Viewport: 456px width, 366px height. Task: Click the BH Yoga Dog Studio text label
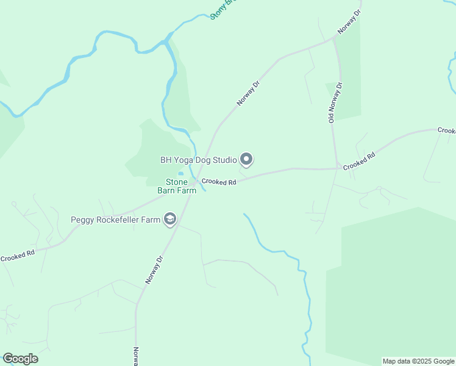click(x=198, y=160)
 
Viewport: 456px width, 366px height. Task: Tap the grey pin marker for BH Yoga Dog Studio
click(x=246, y=160)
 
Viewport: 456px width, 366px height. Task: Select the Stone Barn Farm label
click(x=181, y=186)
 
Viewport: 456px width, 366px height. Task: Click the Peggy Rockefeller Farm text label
click(x=115, y=220)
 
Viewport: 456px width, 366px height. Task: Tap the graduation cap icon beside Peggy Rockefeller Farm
click(x=170, y=220)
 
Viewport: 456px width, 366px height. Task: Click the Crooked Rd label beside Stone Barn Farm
click(x=219, y=182)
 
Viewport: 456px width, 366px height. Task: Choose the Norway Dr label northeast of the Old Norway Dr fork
click(x=349, y=21)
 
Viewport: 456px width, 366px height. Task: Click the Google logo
click(x=20, y=359)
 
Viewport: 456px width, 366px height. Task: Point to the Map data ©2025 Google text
click(x=418, y=361)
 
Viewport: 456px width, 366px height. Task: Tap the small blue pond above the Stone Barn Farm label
click(x=180, y=175)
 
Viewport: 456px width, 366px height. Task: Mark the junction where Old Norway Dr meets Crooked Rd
click(x=337, y=168)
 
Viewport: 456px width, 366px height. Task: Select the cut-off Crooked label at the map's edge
click(x=446, y=131)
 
